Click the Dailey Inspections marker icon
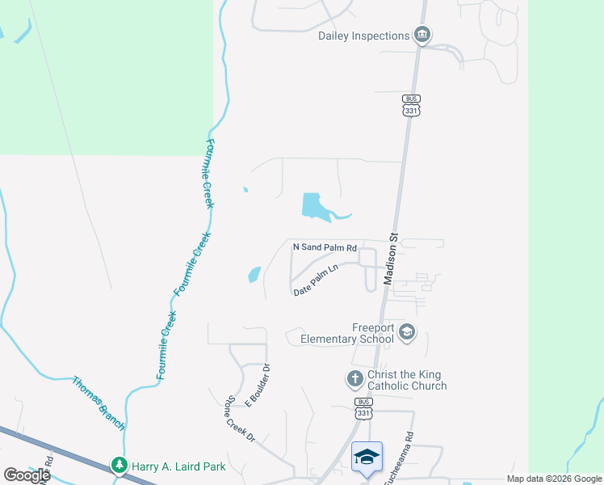coord(422,35)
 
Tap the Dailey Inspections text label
coord(364,36)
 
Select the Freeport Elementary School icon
coord(407,332)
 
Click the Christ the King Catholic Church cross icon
coord(354,378)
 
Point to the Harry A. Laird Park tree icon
coord(120,465)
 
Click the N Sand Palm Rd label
coord(325,247)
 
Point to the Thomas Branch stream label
coord(99,403)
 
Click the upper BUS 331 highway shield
coord(412,104)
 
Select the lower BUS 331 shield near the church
coord(364,407)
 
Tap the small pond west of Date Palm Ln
coord(254,274)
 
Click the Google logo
coord(27,474)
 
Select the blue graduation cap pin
coord(367,457)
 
